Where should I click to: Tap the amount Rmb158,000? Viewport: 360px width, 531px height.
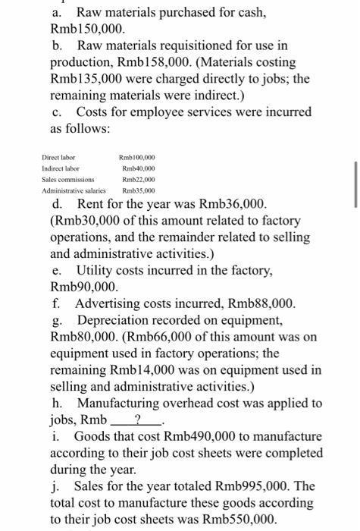[x=227, y=54]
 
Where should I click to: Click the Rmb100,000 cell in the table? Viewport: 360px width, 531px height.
[x=138, y=157]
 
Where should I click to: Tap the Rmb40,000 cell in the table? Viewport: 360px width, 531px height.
[x=136, y=168]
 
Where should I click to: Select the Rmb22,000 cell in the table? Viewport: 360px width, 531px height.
[x=136, y=181]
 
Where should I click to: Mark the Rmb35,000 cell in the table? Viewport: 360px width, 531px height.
[x=136, y=192]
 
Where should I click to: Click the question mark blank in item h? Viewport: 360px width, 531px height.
[x=136, y=420]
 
